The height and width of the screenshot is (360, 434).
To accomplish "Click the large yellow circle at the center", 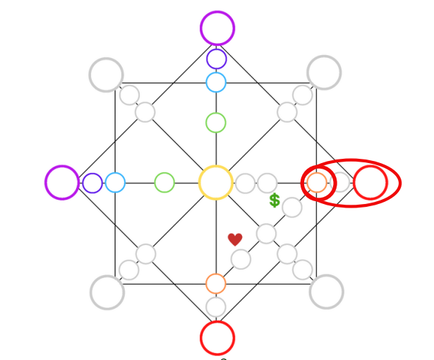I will (216, 183).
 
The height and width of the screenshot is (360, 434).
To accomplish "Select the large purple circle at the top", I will (217, 28).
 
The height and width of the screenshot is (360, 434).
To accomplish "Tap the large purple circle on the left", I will (62, 182).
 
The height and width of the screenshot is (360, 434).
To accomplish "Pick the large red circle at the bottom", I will (217, 337).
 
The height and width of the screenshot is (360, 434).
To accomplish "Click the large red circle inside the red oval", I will (370, 183).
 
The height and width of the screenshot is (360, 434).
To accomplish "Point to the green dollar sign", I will (275, 200).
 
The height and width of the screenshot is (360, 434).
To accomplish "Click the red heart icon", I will (235, 240).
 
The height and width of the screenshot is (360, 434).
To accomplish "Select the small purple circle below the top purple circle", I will (217, 59).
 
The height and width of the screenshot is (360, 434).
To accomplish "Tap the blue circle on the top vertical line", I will (216, 82).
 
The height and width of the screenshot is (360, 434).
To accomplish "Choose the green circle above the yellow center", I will (216, 123).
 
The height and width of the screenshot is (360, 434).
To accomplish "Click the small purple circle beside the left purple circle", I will (92, 183).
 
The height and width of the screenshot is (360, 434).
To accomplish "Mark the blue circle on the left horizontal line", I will (115, 183).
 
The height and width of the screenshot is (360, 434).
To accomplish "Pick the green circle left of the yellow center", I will (164, 183).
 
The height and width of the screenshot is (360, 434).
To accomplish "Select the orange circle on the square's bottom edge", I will (216, 284).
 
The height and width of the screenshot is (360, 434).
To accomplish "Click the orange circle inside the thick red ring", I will (317, 183).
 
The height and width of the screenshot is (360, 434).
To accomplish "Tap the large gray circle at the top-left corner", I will (107, 74).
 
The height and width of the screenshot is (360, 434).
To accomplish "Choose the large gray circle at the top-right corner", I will (324, 72).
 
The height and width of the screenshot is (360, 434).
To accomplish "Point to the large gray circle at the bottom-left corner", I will (107, 292).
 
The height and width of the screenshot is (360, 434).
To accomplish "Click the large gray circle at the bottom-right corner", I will (326, 291).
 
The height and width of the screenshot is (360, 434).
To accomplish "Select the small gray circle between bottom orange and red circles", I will (216, 307).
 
